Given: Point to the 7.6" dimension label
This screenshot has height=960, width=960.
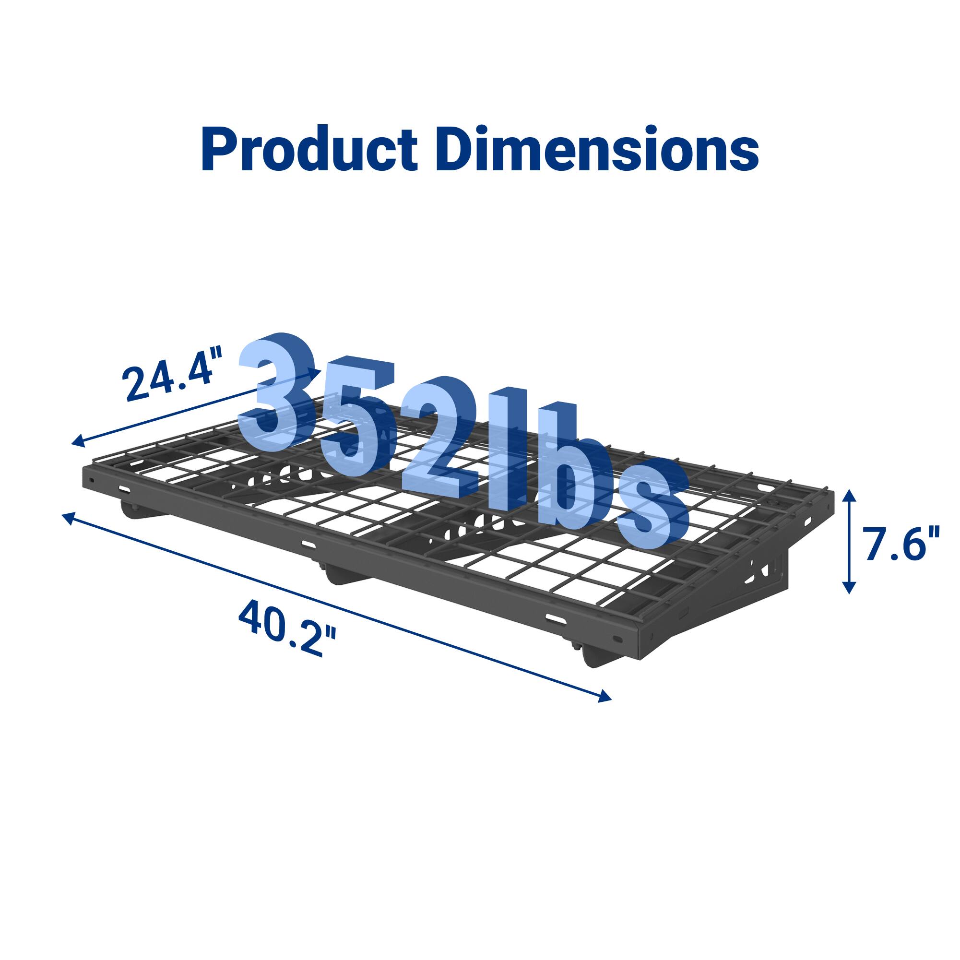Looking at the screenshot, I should pos(901,545).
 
